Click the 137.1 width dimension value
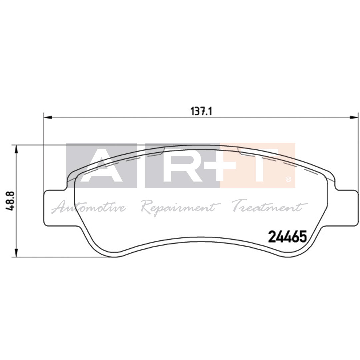pyautogui.click(x=201, y=111)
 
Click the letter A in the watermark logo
pyautogui.click(x=101, y=166)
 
